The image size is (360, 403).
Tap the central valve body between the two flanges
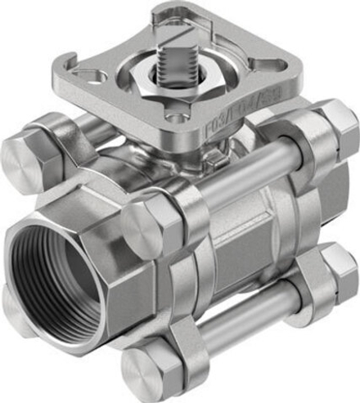tap(241, 237)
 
